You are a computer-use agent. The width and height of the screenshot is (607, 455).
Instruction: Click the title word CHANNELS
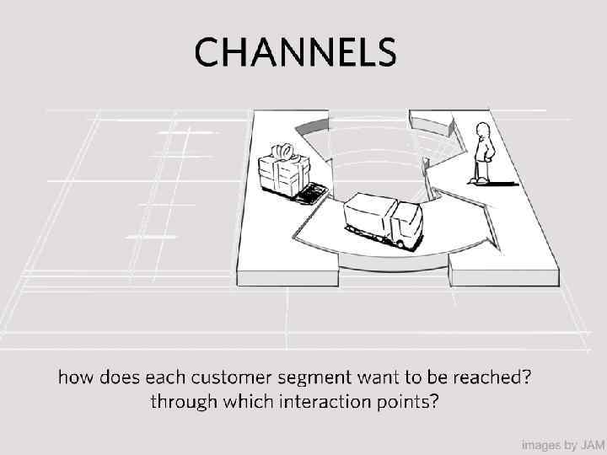pos(294,52)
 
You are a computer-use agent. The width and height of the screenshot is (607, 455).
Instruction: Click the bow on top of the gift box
pos(283,152)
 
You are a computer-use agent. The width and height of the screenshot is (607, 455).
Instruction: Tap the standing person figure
pos(482,153)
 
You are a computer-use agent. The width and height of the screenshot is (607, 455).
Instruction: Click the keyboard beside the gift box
pos(310,195)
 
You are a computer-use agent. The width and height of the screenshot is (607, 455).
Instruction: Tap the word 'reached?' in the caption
pos(497,377)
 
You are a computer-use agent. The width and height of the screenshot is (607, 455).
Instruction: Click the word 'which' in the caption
pos(244,401)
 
